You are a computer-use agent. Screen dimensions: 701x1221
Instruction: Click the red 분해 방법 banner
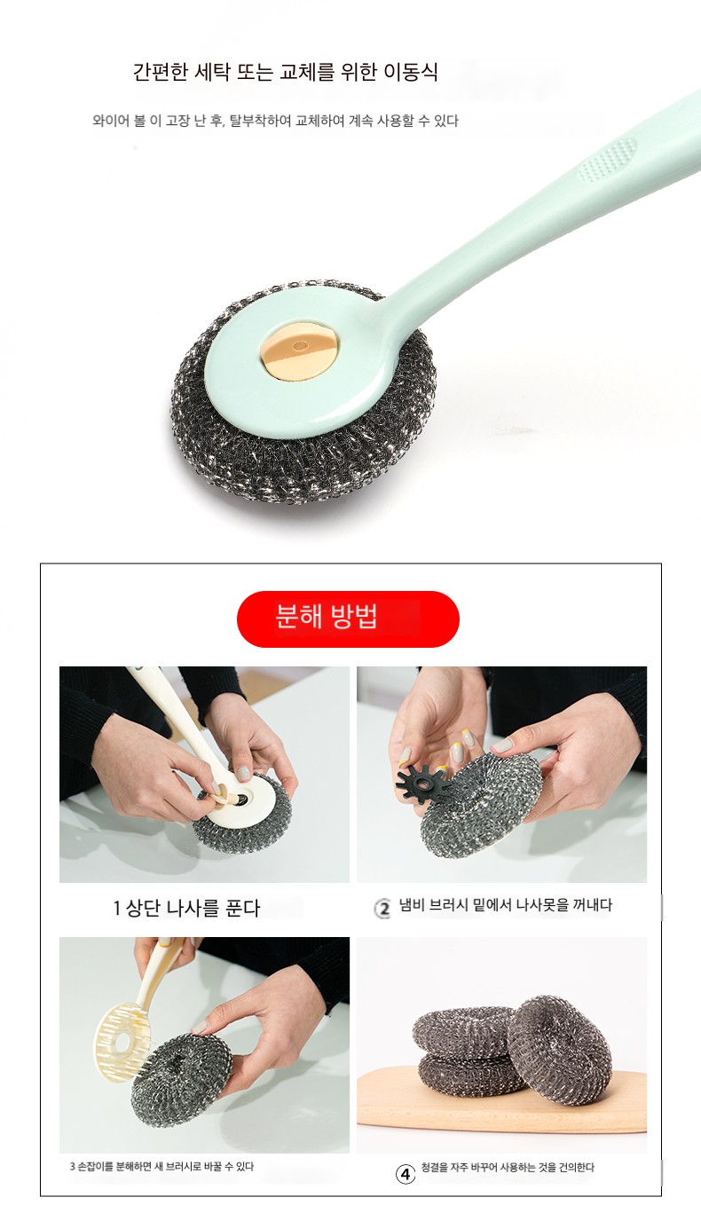(348, 618)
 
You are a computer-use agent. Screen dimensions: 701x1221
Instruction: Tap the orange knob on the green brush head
(299, 350)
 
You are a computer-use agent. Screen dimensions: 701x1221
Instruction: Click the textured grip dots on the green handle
(606, 159)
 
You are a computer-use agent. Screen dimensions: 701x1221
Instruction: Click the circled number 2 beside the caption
(382, 908)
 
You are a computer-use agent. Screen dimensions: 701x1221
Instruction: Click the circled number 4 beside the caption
(405, 1174)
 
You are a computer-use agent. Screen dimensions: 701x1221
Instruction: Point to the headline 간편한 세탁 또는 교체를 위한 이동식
(286, 71)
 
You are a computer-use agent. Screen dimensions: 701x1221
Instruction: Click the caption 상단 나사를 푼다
(193, 908)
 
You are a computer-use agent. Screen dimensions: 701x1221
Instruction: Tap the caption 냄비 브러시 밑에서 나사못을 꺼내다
(506, 905)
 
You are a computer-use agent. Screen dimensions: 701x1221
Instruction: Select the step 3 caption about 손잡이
(161, 1167)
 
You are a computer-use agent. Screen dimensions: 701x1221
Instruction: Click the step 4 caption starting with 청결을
(508, 1168)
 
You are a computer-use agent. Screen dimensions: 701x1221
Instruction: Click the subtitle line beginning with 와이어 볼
(275, 121)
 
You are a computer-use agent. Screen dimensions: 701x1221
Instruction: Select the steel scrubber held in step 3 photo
(181, 1080)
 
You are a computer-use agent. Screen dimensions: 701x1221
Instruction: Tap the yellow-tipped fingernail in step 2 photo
(469, 737)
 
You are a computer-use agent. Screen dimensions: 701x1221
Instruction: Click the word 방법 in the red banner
(353, 617)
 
